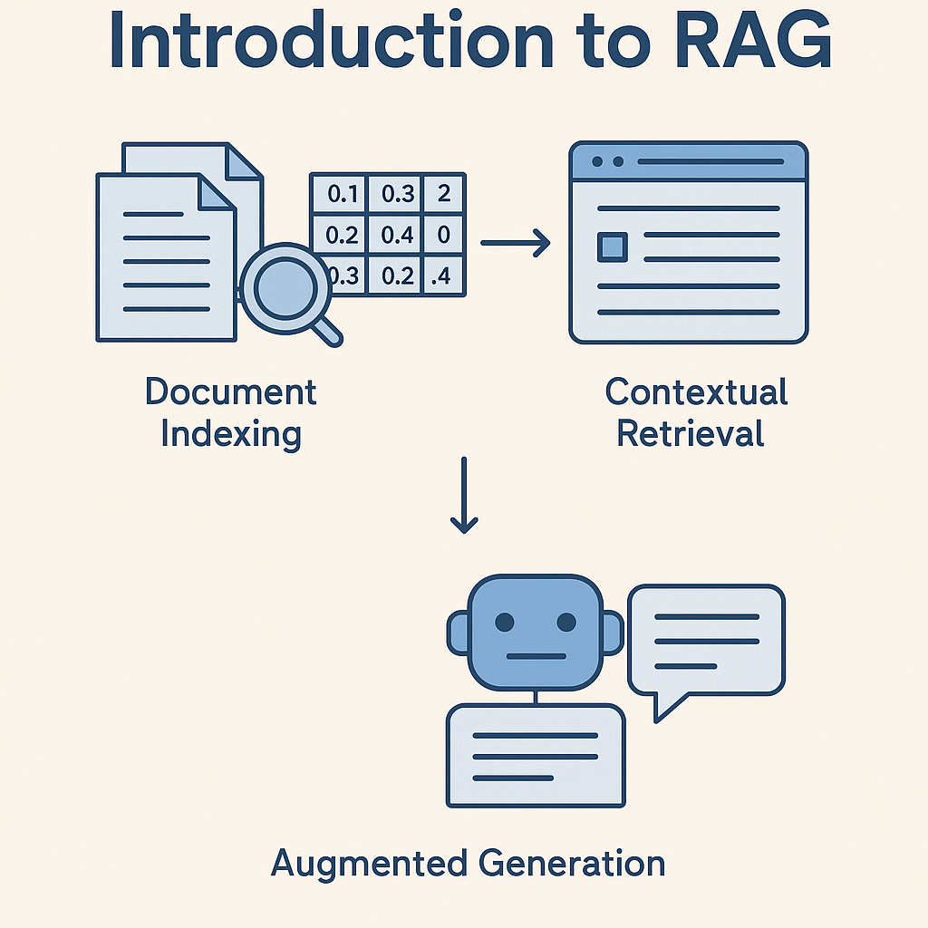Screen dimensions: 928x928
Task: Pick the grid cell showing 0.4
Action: tap(398, 235)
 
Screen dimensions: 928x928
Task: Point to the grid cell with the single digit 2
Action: tap(443, 193)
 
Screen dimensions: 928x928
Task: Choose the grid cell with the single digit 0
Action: tap(443, 235)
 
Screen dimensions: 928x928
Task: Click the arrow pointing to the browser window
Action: tap(515, 242)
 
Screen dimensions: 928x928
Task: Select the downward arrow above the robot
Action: tap(464, 495)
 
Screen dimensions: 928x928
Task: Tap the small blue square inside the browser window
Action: tap(613, 246)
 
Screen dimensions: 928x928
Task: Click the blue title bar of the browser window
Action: tap(688, 161)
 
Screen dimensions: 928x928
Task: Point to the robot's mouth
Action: tap(535, 656)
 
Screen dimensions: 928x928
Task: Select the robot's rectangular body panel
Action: tap(536, 757)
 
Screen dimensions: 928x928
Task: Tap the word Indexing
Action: tap(231, 434)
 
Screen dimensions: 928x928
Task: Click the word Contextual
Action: tap(696, 392)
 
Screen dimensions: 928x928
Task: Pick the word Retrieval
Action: tap(691, 433)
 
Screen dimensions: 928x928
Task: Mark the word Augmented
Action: tap(367, 863)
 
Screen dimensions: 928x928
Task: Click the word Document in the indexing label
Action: tap(231, 392)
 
